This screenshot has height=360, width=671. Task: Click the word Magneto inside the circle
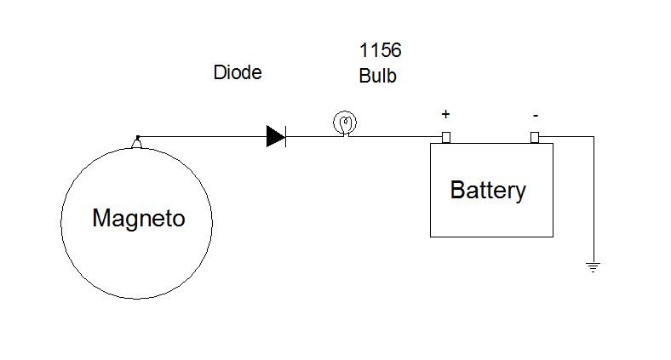[x=138, y=219]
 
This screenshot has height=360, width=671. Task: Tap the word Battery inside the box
[x=488, y=190]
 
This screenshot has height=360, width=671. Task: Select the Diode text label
[x=237, y=73]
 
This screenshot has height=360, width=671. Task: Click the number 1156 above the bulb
[x=380, y=51]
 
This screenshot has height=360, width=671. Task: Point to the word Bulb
[x=377, y=76]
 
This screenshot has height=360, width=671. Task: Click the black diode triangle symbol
[x=274, y=136]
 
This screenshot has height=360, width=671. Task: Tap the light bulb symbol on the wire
[x=345, y=124]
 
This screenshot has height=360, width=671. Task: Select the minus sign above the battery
[x=534, y=114]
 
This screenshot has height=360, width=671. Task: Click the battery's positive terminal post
[x=444, y=137]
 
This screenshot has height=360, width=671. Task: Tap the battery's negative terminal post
[x=534, y=137]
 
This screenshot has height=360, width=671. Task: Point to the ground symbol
[x=593, y=267]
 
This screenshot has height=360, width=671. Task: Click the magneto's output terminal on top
[x=136, y=142]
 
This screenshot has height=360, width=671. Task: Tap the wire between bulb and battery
[x=397, y=136]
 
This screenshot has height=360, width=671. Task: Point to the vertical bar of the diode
[x=285, y=136]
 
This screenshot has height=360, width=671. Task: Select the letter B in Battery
[x=457, y=190]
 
